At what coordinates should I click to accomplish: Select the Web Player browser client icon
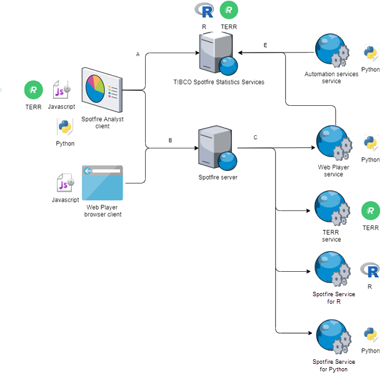[x=102, y=183]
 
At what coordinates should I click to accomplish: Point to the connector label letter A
[x=138, y=54]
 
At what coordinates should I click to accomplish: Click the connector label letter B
[x=170, y=140]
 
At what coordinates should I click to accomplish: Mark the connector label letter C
[x=255, y=137]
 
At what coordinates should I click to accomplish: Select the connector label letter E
[x=265, y=46]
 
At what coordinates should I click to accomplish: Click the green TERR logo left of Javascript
[x=33, y=90]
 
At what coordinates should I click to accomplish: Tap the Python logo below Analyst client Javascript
[x=64, y=128]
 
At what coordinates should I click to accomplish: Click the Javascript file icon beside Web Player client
[x=65, y=184]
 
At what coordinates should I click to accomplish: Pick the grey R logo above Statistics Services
[x=204, y=10]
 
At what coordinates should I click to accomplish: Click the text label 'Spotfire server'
[x=218, y=177]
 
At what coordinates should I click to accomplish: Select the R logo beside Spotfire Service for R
[x=371, y=271]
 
